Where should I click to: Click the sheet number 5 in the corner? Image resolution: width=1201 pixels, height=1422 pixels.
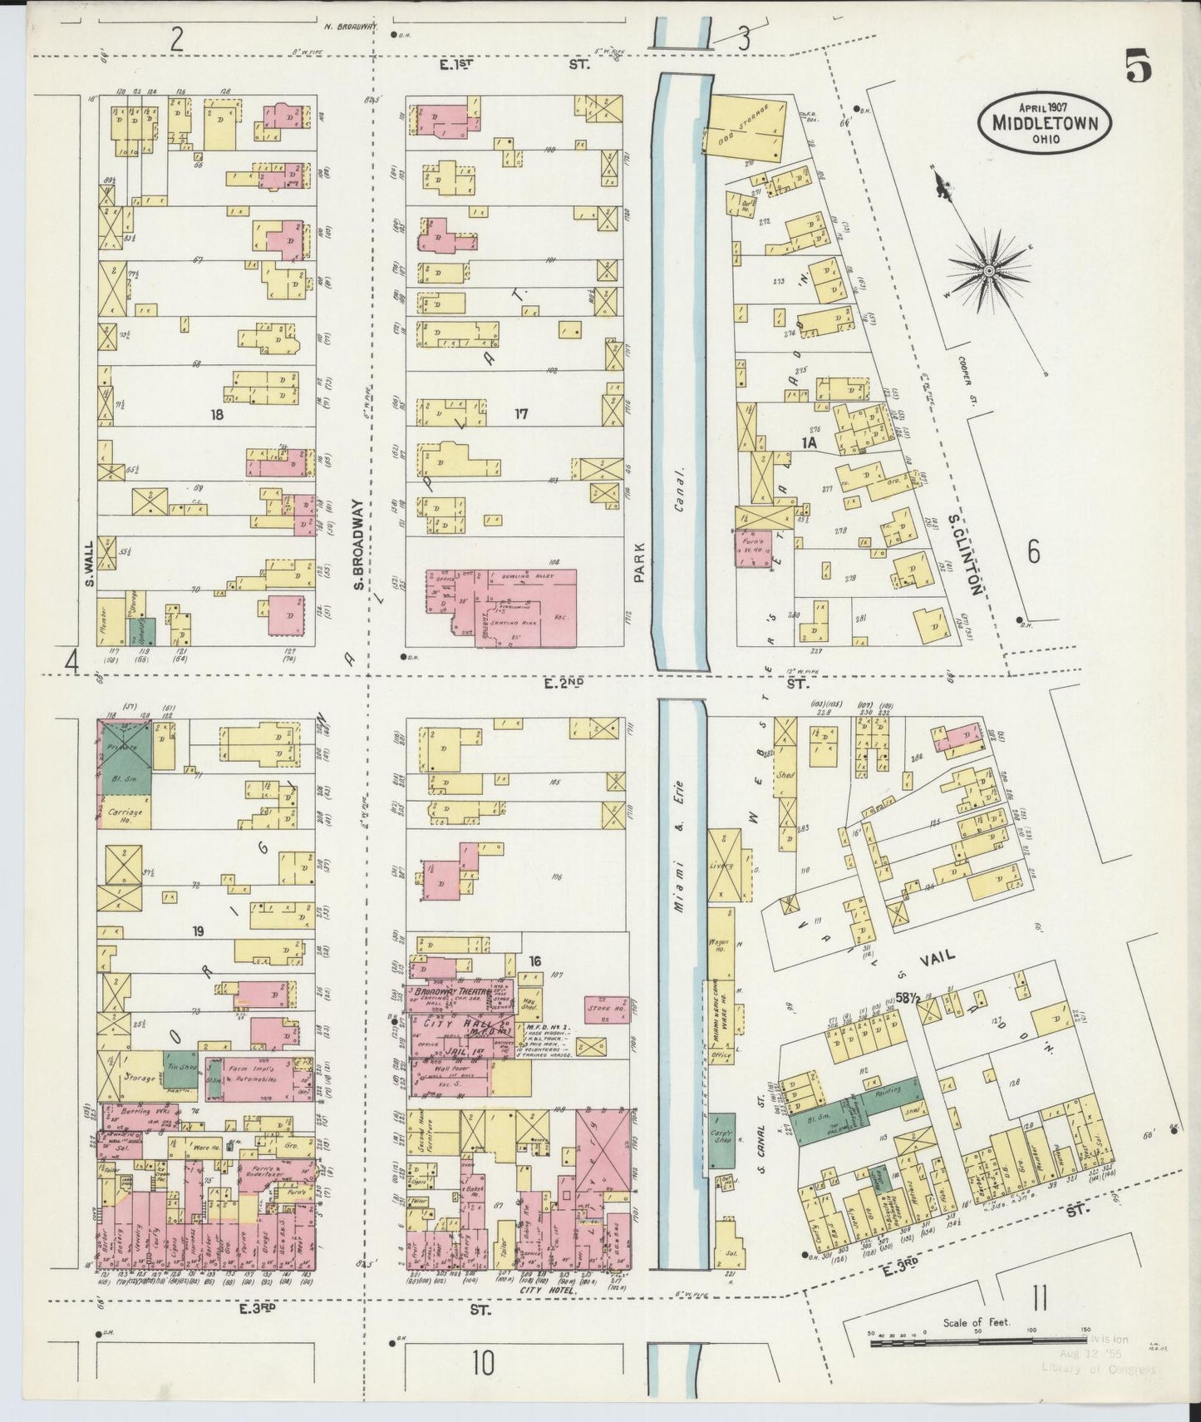[1139, 67]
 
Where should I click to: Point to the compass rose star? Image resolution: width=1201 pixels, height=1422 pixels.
[989, 270]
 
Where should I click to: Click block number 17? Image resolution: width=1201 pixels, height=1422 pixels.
[521, 413]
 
